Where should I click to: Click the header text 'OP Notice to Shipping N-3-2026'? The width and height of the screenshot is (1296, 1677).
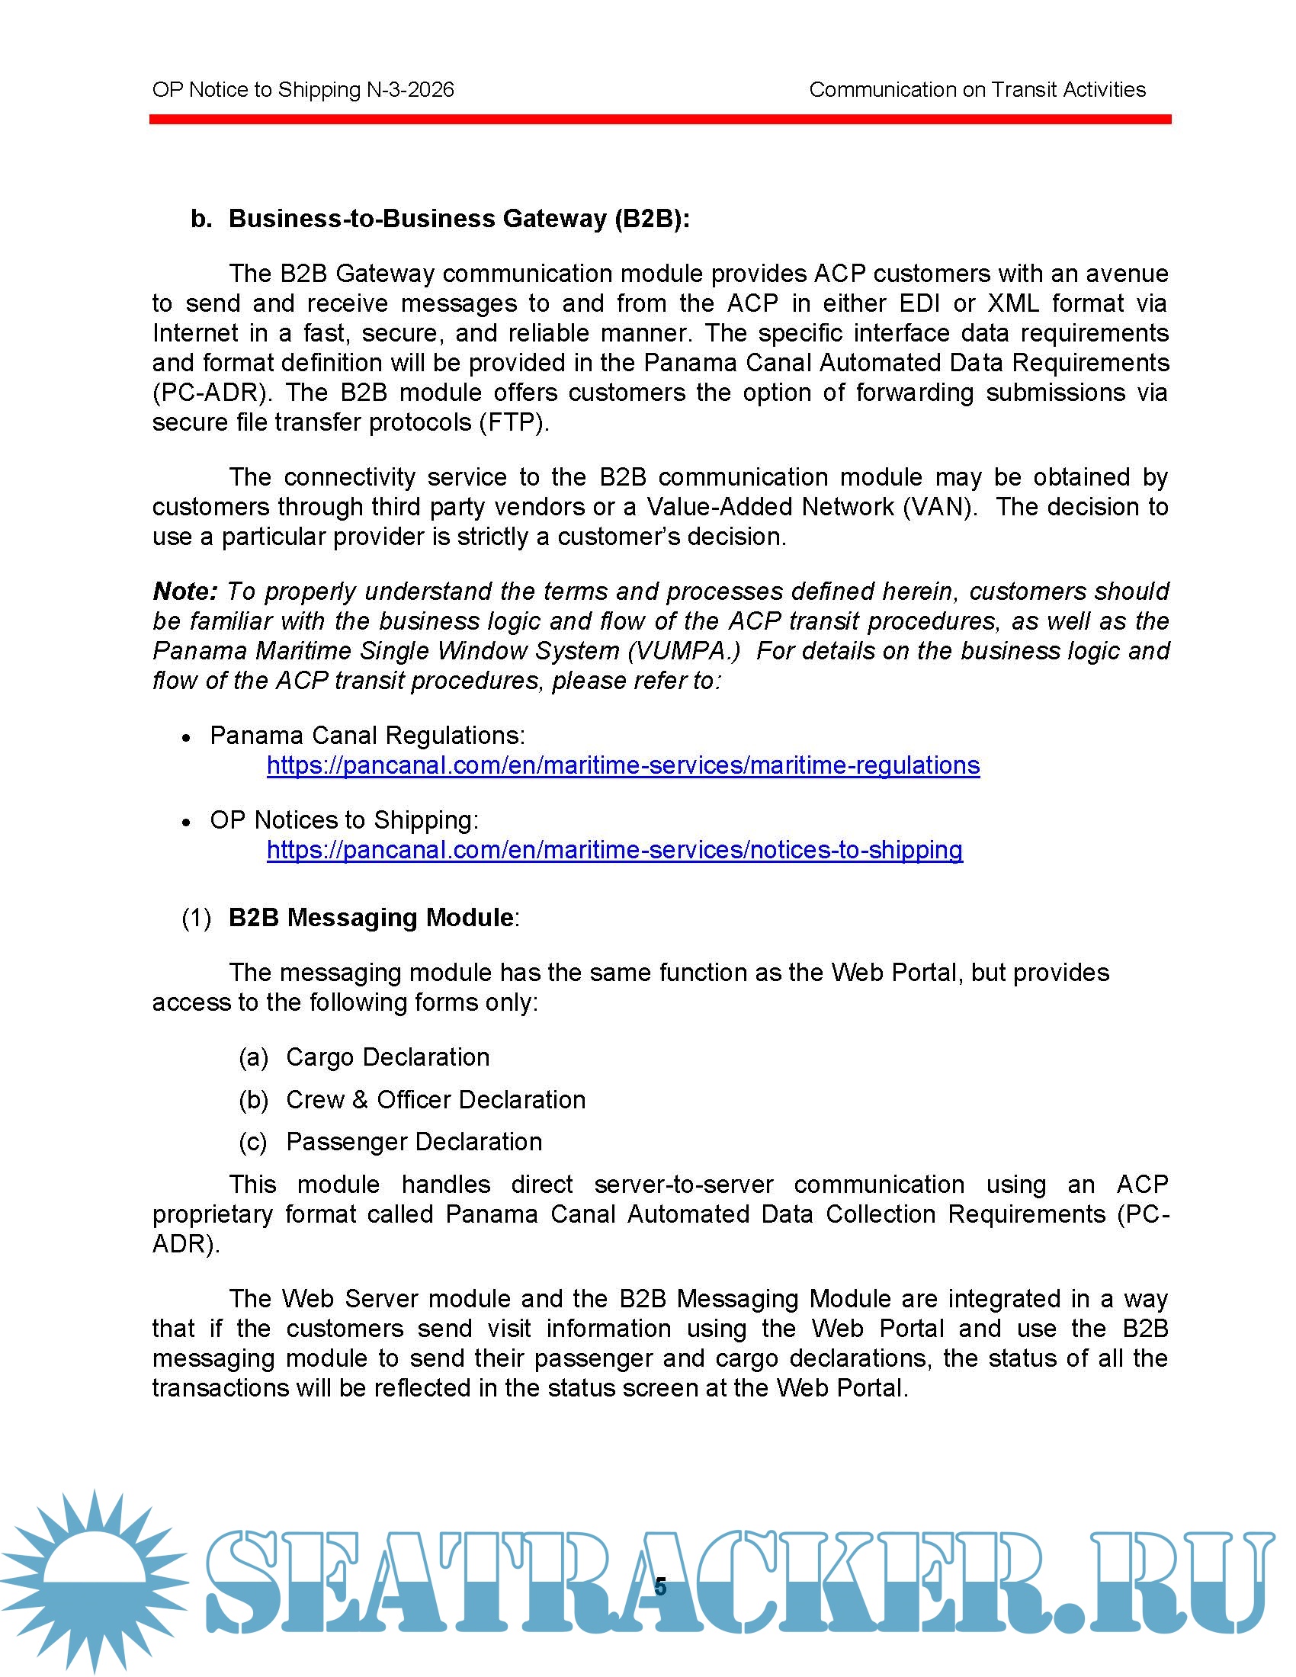click(x=303, y=90)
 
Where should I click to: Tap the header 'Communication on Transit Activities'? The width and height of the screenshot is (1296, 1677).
click(x=977, y=90)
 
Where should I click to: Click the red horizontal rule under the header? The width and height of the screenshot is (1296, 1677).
click(x=659, y=119)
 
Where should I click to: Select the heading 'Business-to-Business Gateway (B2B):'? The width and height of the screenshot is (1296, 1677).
click(x=459, y=219)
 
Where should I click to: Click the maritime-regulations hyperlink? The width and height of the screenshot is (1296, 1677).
click(x=623, y=765)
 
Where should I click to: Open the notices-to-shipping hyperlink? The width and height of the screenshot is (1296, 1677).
click(x=614, y=850)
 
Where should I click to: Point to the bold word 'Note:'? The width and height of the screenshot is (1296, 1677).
click(x=185, y=592)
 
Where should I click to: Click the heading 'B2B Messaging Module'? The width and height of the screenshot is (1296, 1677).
click(x=371, y=918)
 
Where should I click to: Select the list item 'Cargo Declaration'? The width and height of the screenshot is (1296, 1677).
click(x=387, y=1057)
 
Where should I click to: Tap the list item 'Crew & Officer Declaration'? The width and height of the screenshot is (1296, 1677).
click(x=435, y=1099)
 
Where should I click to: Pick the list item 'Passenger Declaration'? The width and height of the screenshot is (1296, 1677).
click(x=414, y=1142)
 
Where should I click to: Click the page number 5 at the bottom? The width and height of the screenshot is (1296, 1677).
click(x=660, y=1587)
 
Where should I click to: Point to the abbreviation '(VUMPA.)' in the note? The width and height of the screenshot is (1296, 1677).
click(x=684, y=651)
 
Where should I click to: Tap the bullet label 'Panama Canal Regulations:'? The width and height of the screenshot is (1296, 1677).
click(x=367, y=736)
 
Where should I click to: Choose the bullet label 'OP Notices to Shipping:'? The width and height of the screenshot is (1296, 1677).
click(x=344, y=820)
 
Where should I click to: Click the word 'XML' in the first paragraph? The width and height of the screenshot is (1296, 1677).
click(x=1012, y=303)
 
